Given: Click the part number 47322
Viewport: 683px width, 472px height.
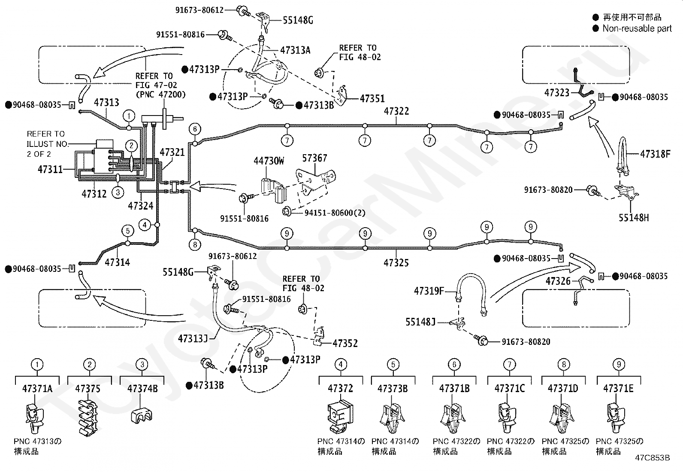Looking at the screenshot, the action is (396, 111).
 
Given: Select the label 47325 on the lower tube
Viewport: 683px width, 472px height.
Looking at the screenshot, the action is (396, 262).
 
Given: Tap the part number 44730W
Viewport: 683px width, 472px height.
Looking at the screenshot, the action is (269, 161).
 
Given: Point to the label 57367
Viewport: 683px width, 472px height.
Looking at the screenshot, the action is (314, 158).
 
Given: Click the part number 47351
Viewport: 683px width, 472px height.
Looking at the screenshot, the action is (372, 99).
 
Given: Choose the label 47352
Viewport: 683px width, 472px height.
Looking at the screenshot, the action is (345, 343).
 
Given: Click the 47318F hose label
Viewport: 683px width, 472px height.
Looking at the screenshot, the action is (655, 154).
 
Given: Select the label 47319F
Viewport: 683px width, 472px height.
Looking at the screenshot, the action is (429, 291).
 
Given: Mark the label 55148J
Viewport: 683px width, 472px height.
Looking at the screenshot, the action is (420, 322).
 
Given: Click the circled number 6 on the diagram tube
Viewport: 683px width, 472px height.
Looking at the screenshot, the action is (195, 129).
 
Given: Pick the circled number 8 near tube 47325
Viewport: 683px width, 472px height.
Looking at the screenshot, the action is (195, 244).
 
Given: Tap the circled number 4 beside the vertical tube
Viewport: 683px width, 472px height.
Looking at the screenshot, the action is (145, 225).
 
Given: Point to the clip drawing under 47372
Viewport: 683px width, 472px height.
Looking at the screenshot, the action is (340, 417).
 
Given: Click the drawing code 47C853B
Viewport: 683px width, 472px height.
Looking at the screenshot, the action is (653, 458).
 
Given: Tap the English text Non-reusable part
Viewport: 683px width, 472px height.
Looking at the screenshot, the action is (637, 28).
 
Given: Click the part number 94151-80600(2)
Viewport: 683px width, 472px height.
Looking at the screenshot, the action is (335, 213).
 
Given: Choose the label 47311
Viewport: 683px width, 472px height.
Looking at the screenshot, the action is (50, 169).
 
